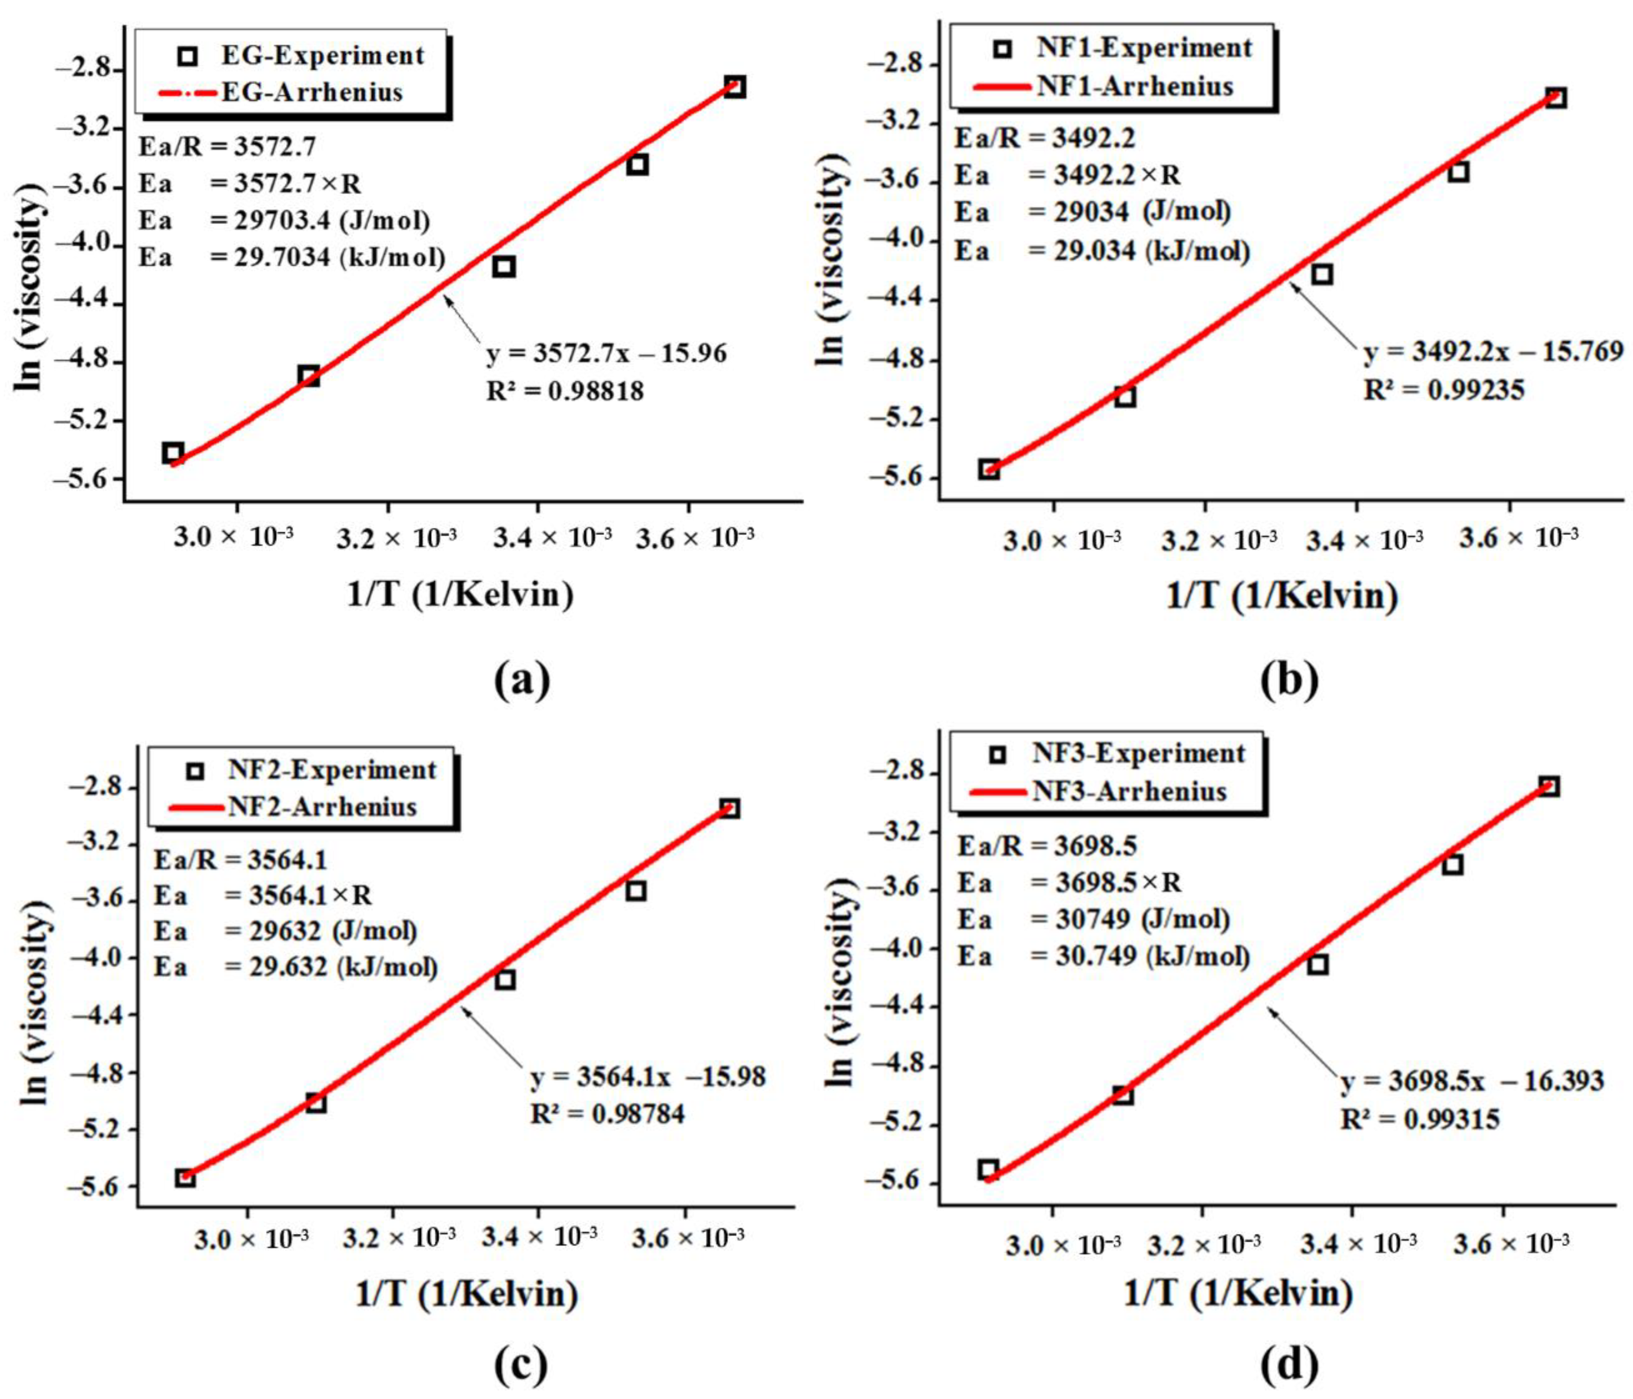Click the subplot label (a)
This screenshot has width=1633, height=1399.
pos(522,680)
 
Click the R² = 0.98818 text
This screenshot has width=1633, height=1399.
pos(564,391)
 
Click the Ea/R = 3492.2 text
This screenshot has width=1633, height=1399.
pos(1045,138)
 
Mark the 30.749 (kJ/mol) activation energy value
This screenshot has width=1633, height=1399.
pos(1139,956)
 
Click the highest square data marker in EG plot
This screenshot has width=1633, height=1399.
pos(735,87)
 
